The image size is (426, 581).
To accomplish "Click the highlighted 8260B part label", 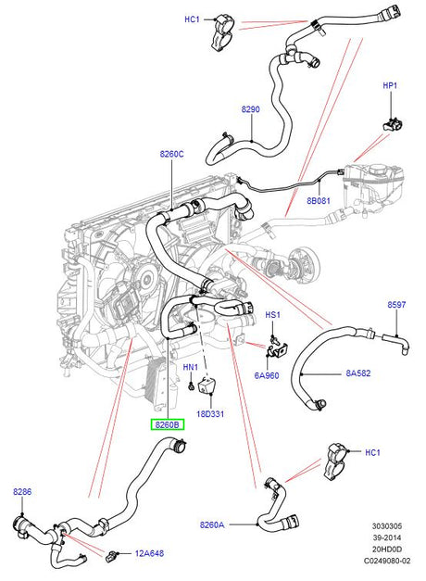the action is click(167, 424).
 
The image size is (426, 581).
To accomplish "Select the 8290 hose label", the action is click(251, 109).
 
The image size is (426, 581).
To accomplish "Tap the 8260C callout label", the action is click(172, 154).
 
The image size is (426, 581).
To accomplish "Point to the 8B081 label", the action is click(319, 201).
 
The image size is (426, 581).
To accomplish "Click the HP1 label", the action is click(390, 85).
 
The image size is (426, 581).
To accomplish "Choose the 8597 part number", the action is click(396, 305).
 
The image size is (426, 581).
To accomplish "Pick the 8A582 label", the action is click(358, 373).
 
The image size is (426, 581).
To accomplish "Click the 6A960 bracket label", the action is click(267, 375).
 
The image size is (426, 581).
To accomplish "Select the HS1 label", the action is click(273, 315).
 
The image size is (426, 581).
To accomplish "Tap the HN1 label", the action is click(191, 367).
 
